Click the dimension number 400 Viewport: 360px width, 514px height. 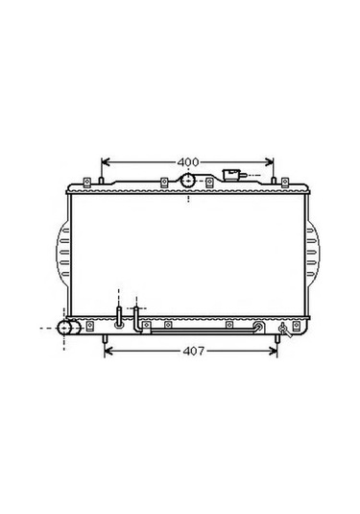(x=188, y=162)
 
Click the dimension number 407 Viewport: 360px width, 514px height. (x=194, y=351)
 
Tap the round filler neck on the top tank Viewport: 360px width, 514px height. (x=188, y=181)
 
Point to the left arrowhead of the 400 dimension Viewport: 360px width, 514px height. (x=106, y=162)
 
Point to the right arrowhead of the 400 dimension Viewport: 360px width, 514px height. (x=269, y=162)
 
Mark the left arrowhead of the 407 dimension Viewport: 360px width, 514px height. (x=108, y=351)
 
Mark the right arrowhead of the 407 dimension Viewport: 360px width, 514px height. (x=273, y=351)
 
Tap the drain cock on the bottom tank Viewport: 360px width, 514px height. (x=284, y=330)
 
